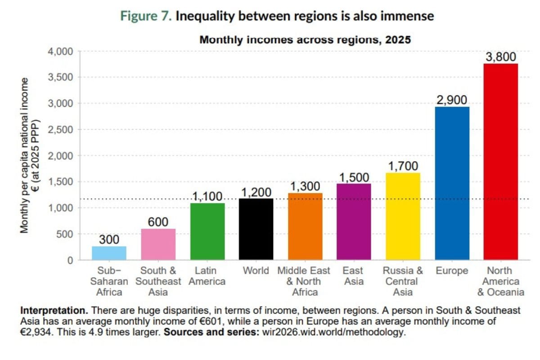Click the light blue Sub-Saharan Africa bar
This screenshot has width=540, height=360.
click(109, 253)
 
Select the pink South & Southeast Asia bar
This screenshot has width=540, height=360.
click(158, 244)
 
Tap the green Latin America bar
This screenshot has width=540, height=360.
click(207, 231)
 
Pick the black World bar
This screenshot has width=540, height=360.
click(256, 229)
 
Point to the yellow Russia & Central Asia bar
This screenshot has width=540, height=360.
click(403, 216)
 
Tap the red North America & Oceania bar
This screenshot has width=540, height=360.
click(501, 162)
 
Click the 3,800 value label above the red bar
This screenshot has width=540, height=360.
click(501, 57)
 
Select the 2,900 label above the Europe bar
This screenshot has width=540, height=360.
click(452, 100)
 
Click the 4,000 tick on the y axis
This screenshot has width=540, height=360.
click(60, 51)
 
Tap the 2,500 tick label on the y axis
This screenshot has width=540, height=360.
click(60, 130)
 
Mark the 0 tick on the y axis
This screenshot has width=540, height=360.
click(70, 260)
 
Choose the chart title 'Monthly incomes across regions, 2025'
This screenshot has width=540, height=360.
click(305, 40)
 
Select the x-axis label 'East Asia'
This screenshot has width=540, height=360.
click(353, 276)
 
